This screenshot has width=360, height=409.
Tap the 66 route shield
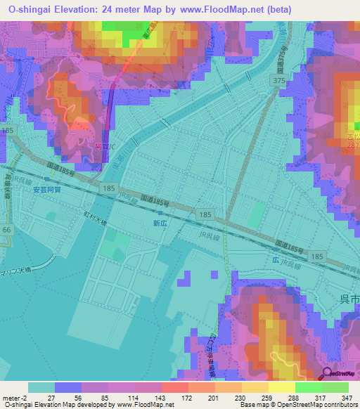tap(7, 230)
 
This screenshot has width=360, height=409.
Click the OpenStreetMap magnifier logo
tap(328, 375)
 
